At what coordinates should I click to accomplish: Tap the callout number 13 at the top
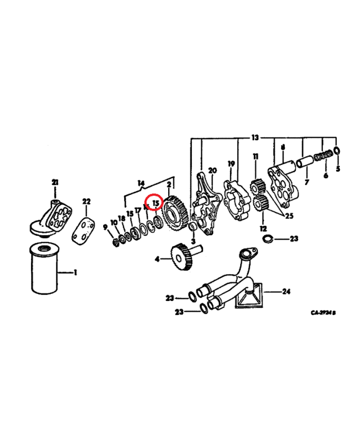[255, 138]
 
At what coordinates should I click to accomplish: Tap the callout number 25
[289, 216]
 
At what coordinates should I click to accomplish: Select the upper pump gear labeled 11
[256, 185]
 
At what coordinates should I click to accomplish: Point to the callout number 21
[55, 181]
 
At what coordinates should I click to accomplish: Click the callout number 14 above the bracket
[141, 182]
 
